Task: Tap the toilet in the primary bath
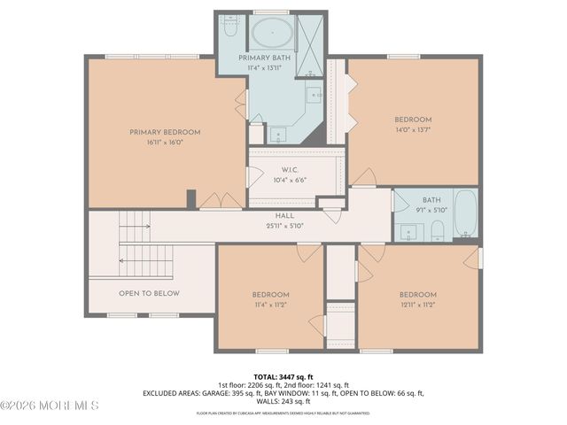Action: point(229,29)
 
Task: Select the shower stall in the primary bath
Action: point(309,35)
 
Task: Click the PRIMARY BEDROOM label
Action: point(165,132)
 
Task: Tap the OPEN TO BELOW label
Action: point(149,293)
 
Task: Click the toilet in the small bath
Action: point(437,232)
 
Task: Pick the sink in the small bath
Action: point(410,232)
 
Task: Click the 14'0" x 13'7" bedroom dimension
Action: point(413,129)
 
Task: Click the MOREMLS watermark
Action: point(50,406)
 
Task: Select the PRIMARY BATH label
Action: point(265,58)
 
